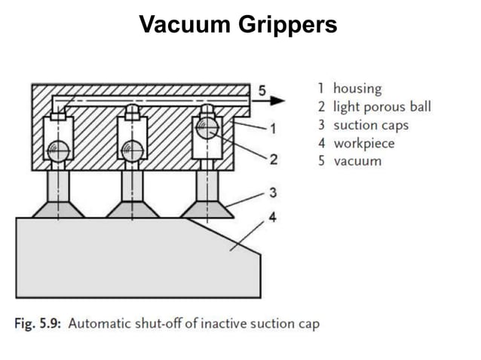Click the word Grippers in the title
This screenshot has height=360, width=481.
[288, 26]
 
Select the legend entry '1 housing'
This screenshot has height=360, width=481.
[350, 89]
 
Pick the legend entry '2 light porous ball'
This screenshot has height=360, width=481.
[375, 107]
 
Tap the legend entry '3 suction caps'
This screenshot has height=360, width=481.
[363, 125]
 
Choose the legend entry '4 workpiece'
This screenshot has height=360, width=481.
[357, 143]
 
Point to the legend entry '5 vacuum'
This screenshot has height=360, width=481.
[350, 161]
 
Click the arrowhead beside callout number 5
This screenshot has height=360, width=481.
[279, 100]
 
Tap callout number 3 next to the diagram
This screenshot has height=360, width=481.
[273, 193]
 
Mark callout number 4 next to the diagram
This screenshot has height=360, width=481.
[273, 218]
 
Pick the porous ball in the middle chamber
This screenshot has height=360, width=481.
[132, 151]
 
